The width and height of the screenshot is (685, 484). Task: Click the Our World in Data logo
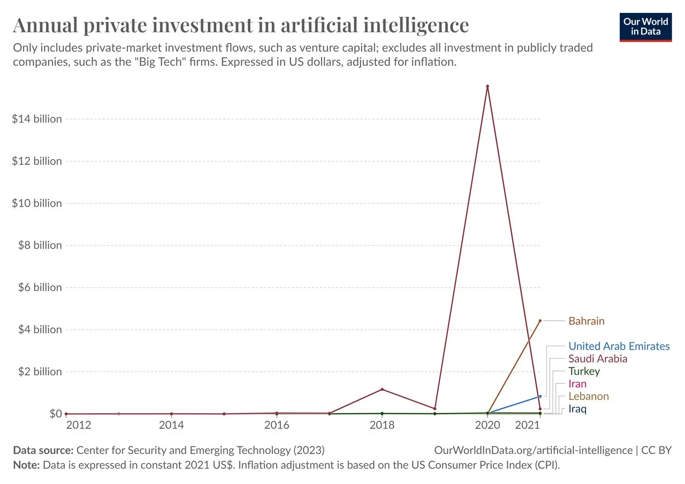(645, 27)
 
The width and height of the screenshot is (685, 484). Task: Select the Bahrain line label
(586, 321)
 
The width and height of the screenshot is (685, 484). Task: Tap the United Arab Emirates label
(619, 346)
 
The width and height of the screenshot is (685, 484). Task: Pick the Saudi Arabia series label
(597, 359)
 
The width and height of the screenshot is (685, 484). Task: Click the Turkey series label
(584, 372)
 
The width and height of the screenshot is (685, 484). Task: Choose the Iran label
(577, 384)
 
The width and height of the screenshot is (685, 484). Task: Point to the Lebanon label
(588, 397)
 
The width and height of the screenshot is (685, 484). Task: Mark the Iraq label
(577, 410)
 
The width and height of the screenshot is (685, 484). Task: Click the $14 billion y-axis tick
(37, 119)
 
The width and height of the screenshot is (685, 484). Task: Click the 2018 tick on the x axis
(382, 426)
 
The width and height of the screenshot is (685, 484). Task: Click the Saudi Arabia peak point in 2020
(488, 86)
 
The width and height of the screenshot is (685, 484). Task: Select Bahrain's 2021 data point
(540, 321)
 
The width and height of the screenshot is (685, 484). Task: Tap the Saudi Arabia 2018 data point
(382, 389)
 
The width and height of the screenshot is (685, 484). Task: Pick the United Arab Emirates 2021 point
(540, 396)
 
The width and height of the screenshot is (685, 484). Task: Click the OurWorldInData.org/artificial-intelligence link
(534, 450)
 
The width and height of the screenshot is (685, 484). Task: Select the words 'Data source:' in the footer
(43, 450)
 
